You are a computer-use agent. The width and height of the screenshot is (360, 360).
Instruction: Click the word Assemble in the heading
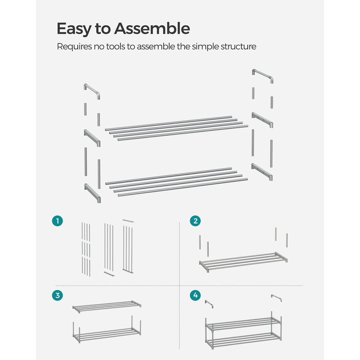pos(152,29)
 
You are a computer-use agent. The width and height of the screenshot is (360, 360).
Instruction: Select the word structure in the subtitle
pos(238,47)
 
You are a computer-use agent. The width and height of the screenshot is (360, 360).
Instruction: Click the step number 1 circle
pos(57,221)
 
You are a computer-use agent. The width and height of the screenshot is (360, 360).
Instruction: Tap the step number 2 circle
pos(195,221)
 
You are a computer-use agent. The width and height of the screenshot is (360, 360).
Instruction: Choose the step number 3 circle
pos(57,295)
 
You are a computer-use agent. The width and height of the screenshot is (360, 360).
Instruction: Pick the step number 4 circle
pos(195,295)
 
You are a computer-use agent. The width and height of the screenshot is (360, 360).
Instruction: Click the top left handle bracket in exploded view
pos(92,91)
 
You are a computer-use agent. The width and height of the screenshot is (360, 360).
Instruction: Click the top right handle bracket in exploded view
pos(263,75)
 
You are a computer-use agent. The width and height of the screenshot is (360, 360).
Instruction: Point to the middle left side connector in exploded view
pos(92,137)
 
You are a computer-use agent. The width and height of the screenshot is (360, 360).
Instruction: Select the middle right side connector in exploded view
pos(262,120)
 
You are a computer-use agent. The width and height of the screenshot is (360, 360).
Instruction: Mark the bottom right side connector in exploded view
pos(262,172)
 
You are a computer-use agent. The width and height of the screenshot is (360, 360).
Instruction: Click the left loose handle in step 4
pos(209,303)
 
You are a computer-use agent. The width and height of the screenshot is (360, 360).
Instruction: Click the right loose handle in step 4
pos(276,297)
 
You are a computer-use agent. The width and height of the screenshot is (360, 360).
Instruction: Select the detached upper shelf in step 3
pos(107,307)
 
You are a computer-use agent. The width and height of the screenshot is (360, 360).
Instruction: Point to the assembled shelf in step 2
pos(243,262)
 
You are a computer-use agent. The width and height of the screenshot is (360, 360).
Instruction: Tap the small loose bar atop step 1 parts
pos(128,221)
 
